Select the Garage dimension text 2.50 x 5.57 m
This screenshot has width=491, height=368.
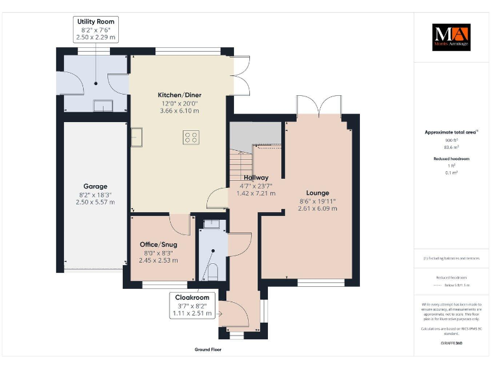pyautogui.click(x=95, y=202)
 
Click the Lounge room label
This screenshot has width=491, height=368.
pyautogui.click(x=318, y=192)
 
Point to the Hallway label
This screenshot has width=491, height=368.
pyautogui.click(x=256, y=178)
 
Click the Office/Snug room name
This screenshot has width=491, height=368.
pyautogui.click(x=159, y=244)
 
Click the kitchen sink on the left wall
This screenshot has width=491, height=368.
pyautogui.click(x=136, y=135)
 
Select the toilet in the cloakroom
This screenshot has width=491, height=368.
pyautogui.click(x=214, y=272)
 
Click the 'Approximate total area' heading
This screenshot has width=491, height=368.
pyautogui.click(x=451, y=132)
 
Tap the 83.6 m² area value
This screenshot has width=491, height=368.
pyautogui.click(x=451, y=146)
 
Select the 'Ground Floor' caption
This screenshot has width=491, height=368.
pyautogui.click(x=208, y=350)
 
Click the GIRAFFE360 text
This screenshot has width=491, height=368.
pyautogui.click(x=451, y=343)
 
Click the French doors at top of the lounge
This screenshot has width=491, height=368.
pyautogui.click(x=318, y=105)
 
